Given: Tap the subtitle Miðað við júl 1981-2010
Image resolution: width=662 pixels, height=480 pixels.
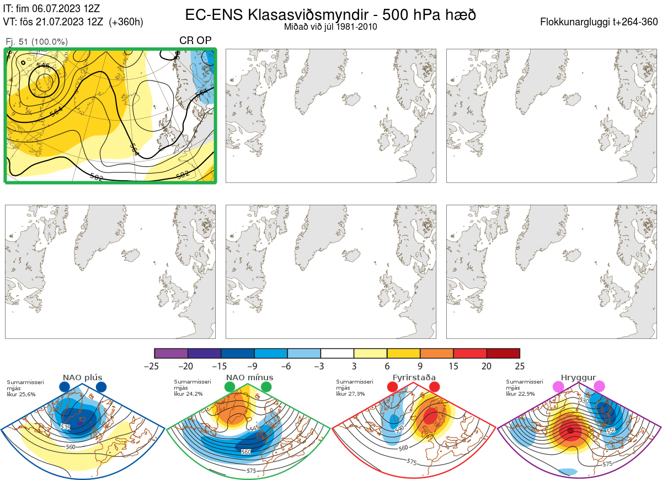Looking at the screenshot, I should coord(330,26).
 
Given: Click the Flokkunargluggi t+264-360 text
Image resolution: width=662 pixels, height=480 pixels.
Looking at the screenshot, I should coord(600,22).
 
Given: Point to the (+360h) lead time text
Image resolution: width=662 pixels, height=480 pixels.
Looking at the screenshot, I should coord(126,22).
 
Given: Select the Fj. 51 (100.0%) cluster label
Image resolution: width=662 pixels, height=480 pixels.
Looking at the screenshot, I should coord(36,42).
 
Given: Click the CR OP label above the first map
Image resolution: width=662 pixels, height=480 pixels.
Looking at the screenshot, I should coord(195,41).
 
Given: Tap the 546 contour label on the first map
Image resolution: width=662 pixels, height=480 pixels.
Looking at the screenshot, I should coord(43,66).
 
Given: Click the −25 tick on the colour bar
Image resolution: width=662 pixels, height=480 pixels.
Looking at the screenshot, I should coord(155,366).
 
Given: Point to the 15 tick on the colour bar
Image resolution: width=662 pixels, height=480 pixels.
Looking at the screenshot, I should coord(453,366).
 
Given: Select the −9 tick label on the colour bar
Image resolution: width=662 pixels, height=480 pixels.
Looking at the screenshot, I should coord(254,366).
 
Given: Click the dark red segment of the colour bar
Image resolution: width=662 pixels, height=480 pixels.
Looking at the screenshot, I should coord(503,353).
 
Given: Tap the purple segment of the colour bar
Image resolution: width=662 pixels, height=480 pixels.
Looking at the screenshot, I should coord(172,353).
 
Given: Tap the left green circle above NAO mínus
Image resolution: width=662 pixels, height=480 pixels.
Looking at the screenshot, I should coord(229,387).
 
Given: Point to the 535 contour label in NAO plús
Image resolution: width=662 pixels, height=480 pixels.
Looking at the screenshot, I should coord(65,427).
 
